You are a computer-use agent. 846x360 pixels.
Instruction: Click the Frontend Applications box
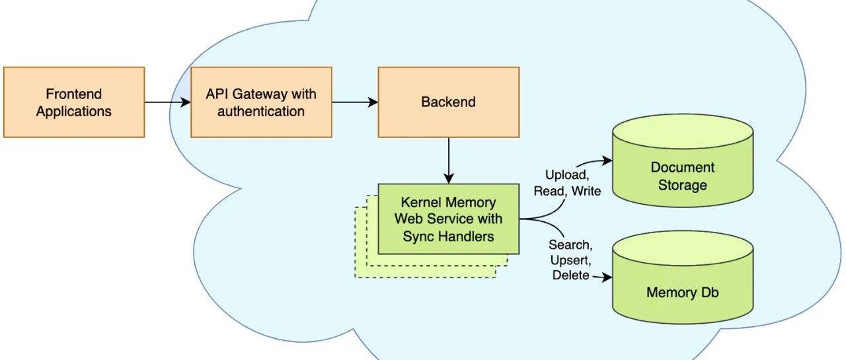(74, 102)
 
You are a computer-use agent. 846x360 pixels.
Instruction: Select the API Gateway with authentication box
(261, 102)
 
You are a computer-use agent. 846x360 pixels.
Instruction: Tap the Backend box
(448, 102)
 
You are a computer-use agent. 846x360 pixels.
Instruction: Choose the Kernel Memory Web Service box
(449, 219)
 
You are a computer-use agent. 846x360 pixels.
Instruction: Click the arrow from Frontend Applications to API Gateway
(167, 102)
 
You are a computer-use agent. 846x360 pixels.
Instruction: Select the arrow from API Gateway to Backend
(354, 102)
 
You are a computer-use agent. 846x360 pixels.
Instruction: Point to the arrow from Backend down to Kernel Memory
(449, 161)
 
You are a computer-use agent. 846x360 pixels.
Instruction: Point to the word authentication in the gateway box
(261, 111)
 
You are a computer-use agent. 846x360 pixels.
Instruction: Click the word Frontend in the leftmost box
(74, 94)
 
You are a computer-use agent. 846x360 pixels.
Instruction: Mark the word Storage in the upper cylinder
(683, 185)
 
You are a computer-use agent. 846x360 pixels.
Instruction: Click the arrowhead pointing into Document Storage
(607, 161)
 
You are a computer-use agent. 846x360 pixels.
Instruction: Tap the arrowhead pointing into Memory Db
(607, 277)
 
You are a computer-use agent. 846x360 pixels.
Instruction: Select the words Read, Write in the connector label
(567, 192)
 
